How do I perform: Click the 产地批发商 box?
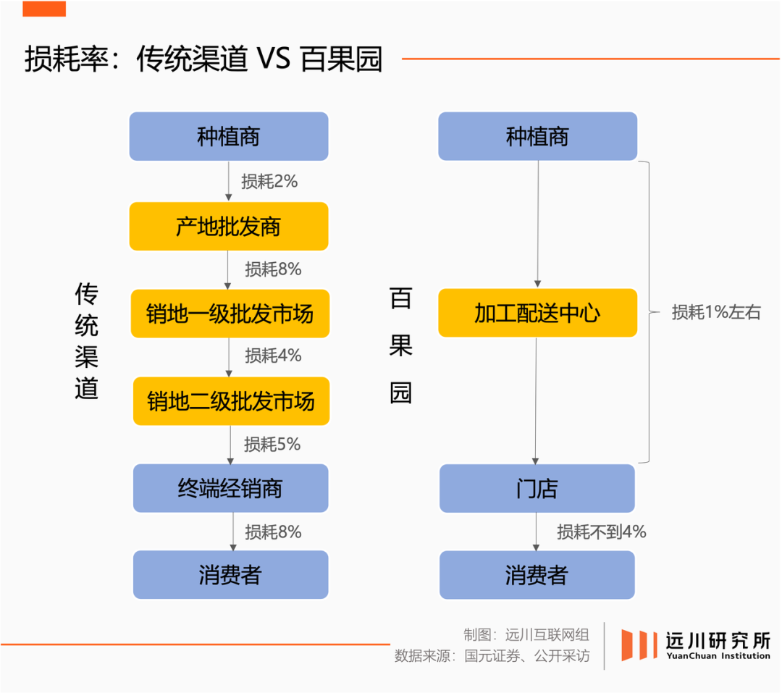pyautogui.click(x=229, y=227)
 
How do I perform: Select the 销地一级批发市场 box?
pyautogui.click(x=230, y=314)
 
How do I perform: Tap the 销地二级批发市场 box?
pyautogui.click(x=231, y=400)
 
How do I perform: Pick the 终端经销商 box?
pyautogui.click(x=230, y=488)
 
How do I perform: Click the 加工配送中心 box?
pyautogui.click(x=537, y=313)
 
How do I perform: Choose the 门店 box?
pyautogui.click(x=537, y=489)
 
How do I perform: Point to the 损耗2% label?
pyautogui.click(x=269, y=181)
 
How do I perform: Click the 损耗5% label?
pyautogui.click(x=272, y=444)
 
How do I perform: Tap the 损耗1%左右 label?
pyautogui.click(x=716, y=312)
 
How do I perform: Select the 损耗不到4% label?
pyautogui.click(x=601, y=532)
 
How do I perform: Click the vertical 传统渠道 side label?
pyautogui.click(x=86, y=341)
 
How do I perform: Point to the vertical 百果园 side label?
pyautogui.click(x=400, y=345)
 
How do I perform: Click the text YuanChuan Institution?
pyautogui.click(x=717, y=656)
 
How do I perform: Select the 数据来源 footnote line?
pyautogui.click(x=492, y=656)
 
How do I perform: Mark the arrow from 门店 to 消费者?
pyautogui.click(x=537, y=532)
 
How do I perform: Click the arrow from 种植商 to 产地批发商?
pyautogui.click(x=229, y=181)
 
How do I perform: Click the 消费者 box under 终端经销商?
pyautogui.click(x=230, y=575)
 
